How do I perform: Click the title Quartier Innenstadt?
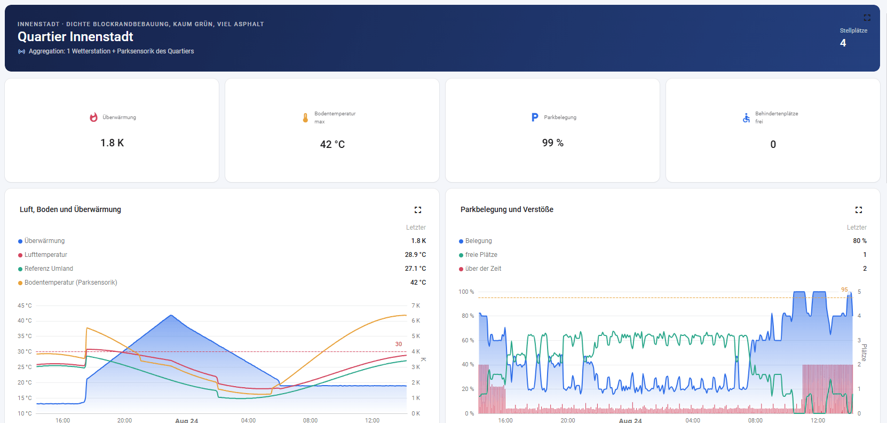point(75,37)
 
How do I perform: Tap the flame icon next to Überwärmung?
point(93,117)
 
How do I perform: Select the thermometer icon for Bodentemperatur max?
point(305,117)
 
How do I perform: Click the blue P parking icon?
point(535,117)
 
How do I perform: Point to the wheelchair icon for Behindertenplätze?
point(747,117)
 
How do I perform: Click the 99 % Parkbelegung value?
point(553,143)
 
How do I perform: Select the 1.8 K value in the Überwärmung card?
point(112,143)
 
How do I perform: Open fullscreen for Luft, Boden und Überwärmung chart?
point(418,210)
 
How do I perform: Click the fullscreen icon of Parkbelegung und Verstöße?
point(859,210)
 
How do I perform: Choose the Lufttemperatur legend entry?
point(43,255)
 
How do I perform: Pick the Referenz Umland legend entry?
point(45,269)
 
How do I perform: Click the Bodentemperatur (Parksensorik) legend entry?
point(68,282)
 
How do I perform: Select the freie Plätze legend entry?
point(478,255)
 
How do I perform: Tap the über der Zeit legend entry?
point(480,269)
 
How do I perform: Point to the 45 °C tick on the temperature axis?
point(25,305)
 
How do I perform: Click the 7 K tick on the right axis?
point(416,305)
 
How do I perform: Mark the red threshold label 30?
point(398,344)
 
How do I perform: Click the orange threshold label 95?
point(844,290)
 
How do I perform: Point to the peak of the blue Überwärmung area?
point(171,315)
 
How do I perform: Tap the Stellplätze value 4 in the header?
point(843,43)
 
